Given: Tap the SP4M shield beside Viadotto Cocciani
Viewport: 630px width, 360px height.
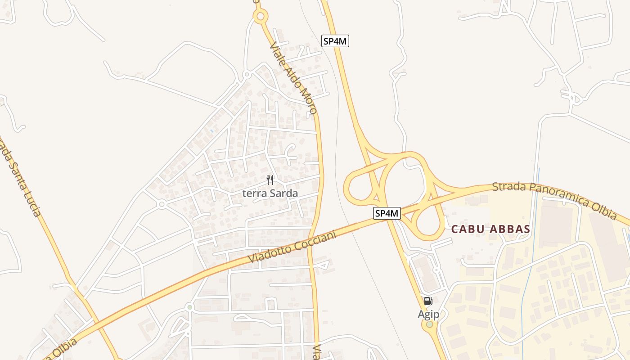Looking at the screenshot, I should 387,213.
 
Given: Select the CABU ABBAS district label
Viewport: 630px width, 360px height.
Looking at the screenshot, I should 490,229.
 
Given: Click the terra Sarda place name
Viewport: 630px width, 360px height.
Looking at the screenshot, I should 270,193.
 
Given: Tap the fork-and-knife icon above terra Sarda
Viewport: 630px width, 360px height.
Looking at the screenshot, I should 270,180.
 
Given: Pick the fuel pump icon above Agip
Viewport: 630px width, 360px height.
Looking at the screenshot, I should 428,301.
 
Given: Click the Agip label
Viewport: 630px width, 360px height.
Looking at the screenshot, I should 428,314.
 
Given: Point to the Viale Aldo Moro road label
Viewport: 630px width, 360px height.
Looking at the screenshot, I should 293,78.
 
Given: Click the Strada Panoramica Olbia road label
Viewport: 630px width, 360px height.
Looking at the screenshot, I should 554,200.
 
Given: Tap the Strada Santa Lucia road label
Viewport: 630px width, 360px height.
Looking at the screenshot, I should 20,175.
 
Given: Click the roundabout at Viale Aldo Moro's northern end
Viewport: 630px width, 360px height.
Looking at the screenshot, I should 260,17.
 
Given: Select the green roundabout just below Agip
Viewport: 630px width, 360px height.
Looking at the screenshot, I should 430,324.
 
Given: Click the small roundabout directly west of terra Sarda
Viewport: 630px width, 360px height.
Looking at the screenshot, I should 162,204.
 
